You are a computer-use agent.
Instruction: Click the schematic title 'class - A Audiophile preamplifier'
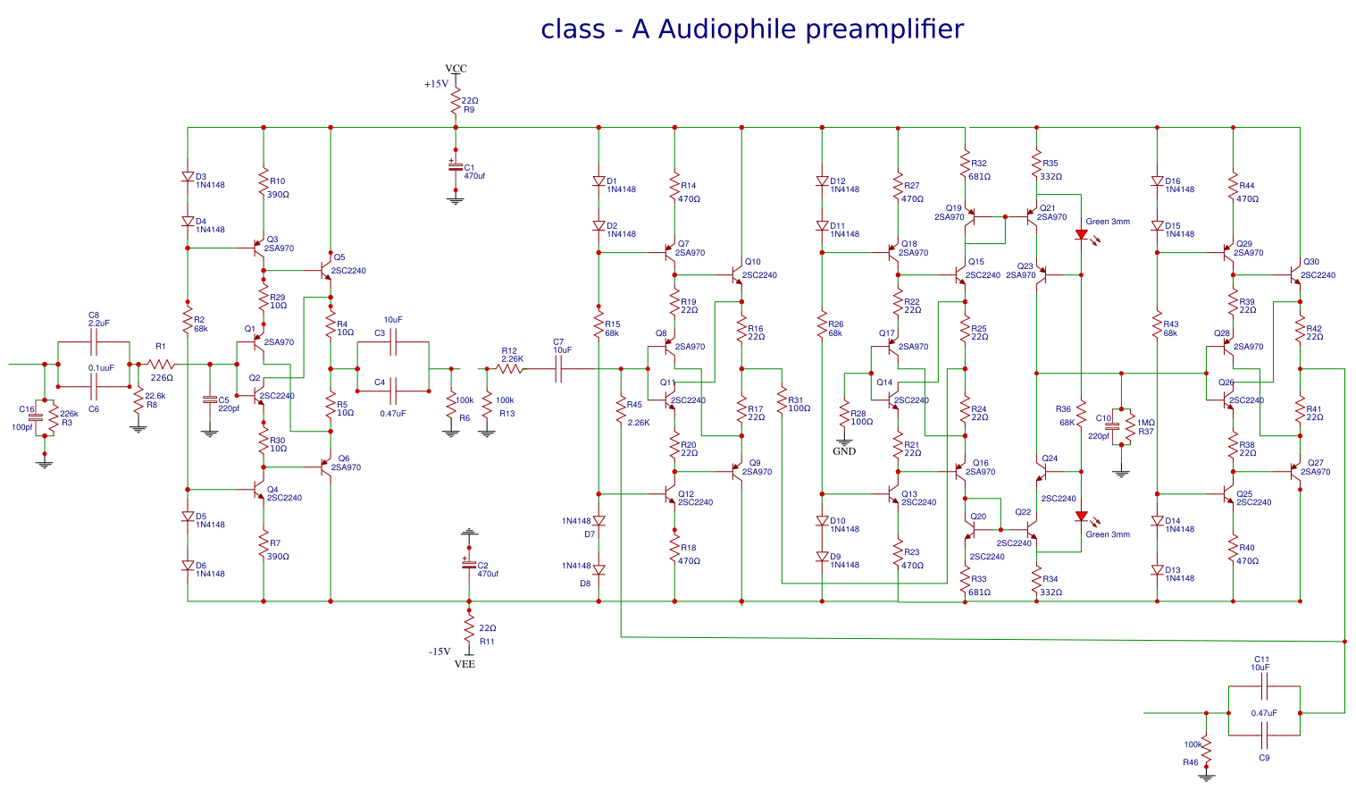[752, 29]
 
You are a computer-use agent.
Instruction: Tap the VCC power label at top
[456, 69]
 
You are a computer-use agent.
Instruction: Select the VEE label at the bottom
[465, 664]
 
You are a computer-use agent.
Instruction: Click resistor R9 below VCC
[456, 103]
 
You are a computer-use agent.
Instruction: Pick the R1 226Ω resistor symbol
[161, 364]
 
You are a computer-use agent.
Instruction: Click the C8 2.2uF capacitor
[94, 341]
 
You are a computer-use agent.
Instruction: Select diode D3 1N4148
[188, 177]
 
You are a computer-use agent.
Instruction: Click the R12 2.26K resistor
[510, 367]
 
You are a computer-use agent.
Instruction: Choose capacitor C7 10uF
[559, 367]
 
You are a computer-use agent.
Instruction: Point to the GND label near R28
[844, 451]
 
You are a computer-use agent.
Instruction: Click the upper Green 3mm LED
[1081, 235]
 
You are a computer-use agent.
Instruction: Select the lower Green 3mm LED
[1081, 517]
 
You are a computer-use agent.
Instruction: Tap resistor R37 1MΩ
[1130, 427]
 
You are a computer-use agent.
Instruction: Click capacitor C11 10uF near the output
[1264, 686]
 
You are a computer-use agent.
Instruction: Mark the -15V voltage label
[439, 651]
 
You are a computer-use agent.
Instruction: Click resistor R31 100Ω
[782, 404]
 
